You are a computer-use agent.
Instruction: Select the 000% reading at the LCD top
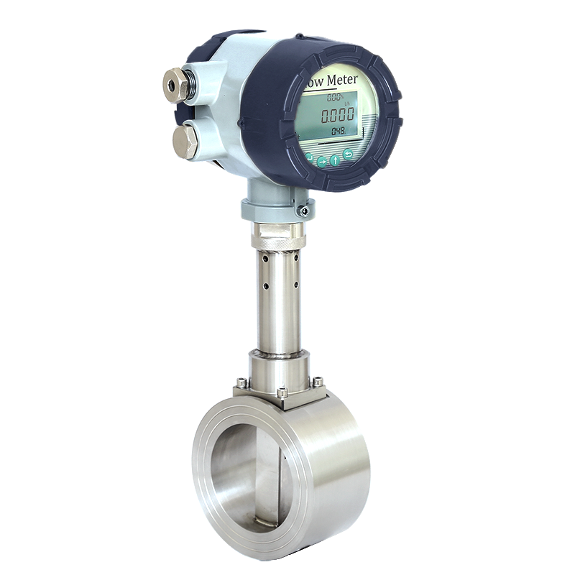[x=335, y=97]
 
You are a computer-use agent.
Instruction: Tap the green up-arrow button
[x=336, y=160]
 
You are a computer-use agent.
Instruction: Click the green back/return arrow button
[x=349, y=155]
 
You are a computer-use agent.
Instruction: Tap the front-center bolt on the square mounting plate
[x=282, y=392]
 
